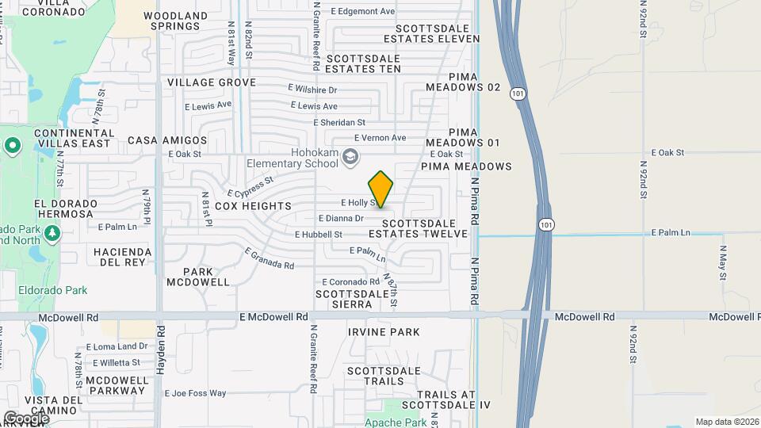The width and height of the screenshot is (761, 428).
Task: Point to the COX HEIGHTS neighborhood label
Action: click(247, 205)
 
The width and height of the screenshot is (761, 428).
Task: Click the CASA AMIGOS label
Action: click(162, 139)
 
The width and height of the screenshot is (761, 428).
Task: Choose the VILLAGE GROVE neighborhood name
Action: click(211, 82)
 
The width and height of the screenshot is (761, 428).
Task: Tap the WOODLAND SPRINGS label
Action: click(175, 21)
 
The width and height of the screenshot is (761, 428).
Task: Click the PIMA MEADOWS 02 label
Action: click(463, 81)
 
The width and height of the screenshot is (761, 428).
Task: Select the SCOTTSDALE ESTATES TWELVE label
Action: click(418, 228)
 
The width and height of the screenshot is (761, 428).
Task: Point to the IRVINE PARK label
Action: click(384, 331)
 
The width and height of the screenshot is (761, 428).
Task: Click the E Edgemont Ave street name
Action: click(362, 11)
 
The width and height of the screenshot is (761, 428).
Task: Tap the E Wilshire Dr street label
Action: click(312, 90)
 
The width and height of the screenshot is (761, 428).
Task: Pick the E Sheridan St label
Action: click(339, 123)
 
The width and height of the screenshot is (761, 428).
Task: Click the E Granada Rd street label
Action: click(270, 259)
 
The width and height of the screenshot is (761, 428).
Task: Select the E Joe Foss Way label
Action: click(195, 393)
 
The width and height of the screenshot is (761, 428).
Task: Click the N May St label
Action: click(723, 261)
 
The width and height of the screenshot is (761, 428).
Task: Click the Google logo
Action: click(26, 418)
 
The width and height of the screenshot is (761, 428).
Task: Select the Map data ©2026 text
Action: click(726, 421)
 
